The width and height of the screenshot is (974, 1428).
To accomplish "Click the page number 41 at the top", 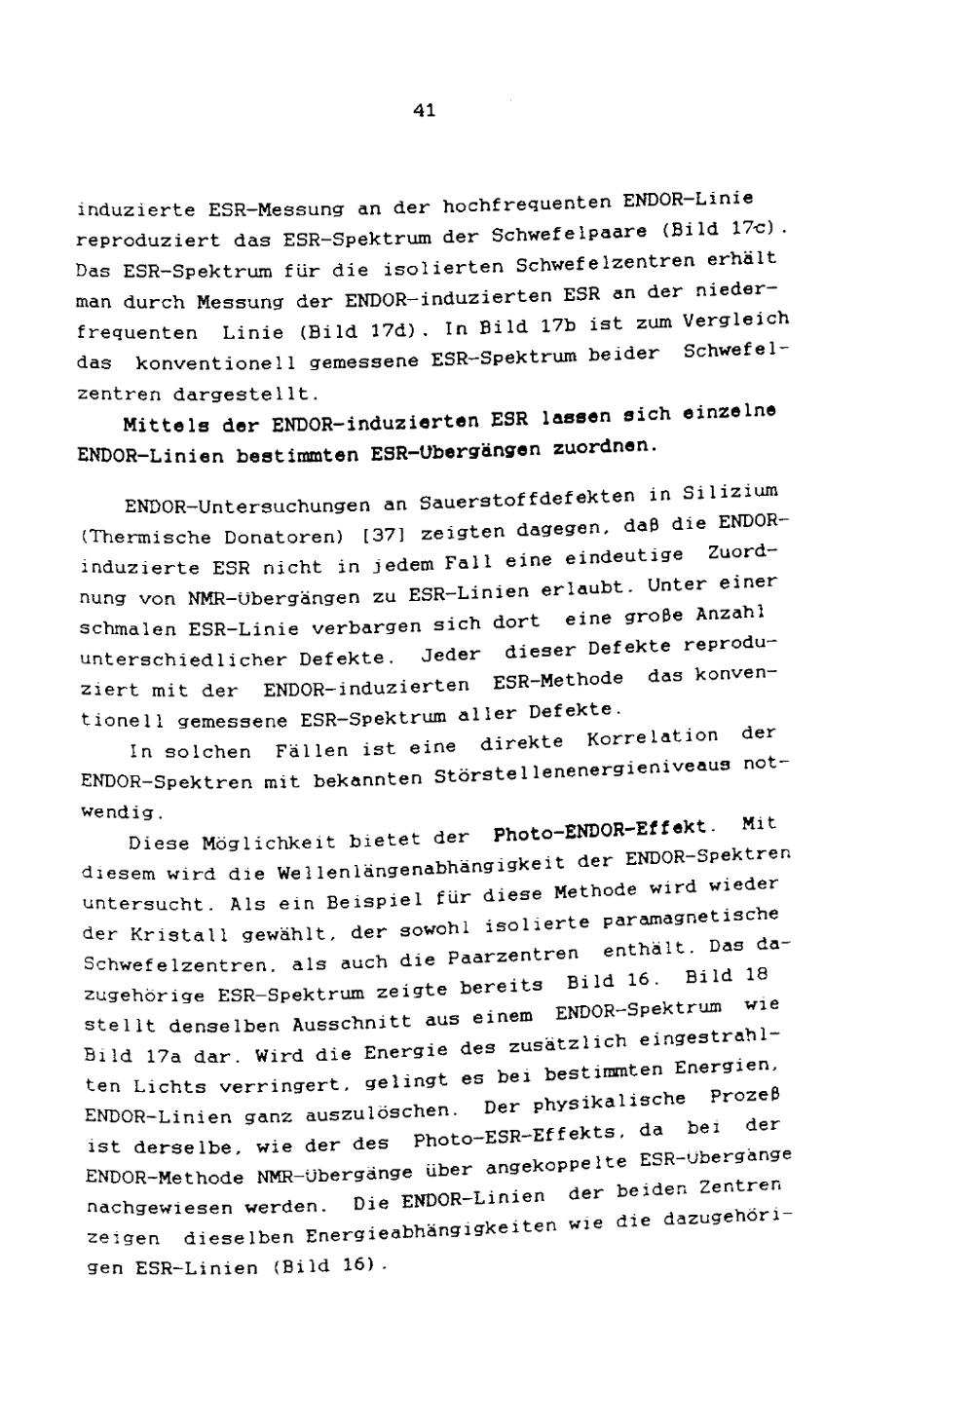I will (x=424, y=110).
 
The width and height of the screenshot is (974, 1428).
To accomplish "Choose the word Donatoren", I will (x=282, y=536).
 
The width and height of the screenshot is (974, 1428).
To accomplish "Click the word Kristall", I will (x=172, y=932).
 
